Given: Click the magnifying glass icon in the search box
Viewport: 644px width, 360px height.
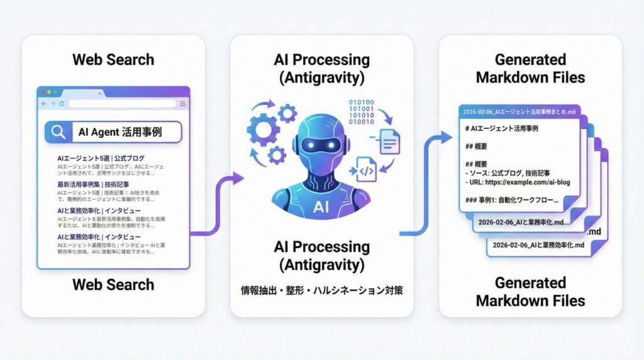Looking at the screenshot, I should point(58,132).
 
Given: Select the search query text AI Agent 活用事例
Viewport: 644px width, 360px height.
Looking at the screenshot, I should point(119,132).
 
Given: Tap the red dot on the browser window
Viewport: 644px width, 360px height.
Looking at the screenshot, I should point(42,93).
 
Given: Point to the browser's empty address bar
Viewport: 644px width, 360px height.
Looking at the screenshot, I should point(122,103).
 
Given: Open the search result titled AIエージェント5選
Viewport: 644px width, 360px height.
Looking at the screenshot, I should point(101,158).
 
